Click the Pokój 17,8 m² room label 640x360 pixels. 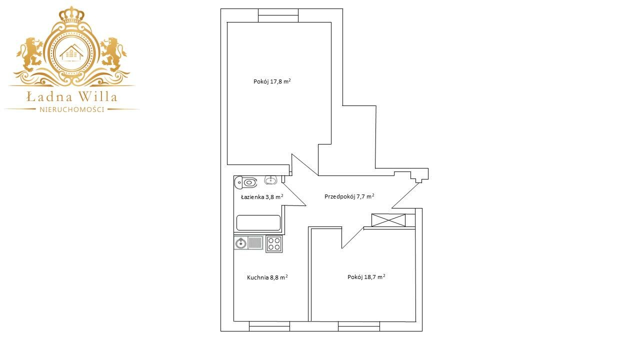point(272,81)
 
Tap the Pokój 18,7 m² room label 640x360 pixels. point(366,277)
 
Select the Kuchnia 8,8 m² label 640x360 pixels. point(267,277)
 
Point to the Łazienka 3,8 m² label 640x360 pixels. point(262,197)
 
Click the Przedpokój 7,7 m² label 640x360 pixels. point(349,196)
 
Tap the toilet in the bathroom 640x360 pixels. point(246,182)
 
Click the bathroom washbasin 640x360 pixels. point(270,180)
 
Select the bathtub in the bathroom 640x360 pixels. point(258,222)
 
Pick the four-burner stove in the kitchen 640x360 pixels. point(274,243)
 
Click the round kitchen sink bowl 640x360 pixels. point(241,243)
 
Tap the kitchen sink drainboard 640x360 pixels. point(255,243)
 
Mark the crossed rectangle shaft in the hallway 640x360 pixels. point(388,220)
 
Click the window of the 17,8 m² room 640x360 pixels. point(278,15)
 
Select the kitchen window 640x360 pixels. point(269,326)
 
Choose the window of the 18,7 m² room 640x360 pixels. point(359,326)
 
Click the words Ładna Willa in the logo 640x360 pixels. point(71,96)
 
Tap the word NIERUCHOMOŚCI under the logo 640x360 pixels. point(72,109)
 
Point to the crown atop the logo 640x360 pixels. point(71,14)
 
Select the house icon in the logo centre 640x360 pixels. point(71,52)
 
